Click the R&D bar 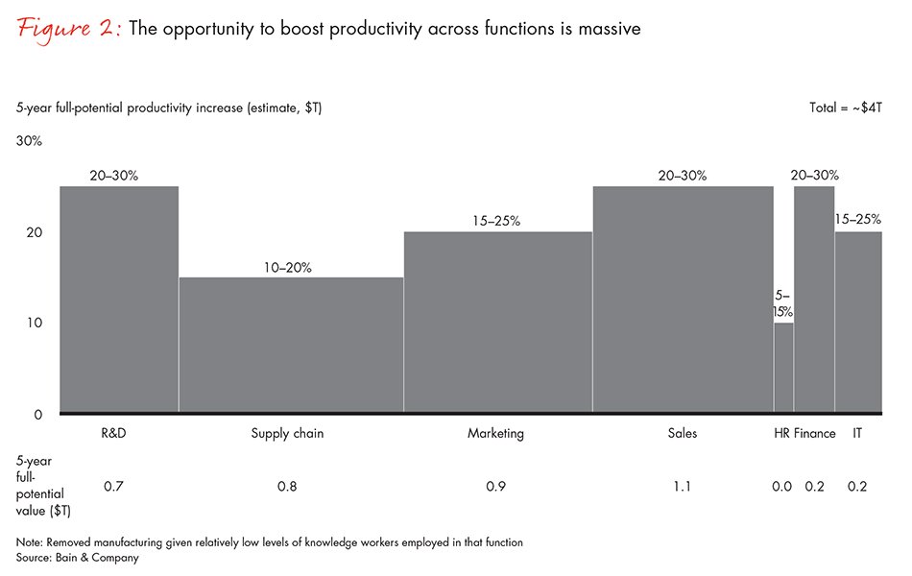(119, 300)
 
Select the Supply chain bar (291, 346)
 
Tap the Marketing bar (497, 323)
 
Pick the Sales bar (683, 300)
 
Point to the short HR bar (783, 369)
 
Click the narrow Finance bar (813, 300)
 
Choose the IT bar (858, 323)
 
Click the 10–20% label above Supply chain (287, 268)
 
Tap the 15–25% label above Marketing (495, 222)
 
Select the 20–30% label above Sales (683, 176)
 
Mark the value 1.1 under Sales (683, 487)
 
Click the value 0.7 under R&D (112, 487)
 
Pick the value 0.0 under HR (781, 487)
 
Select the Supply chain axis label (287, 433)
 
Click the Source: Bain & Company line (77, 557)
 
